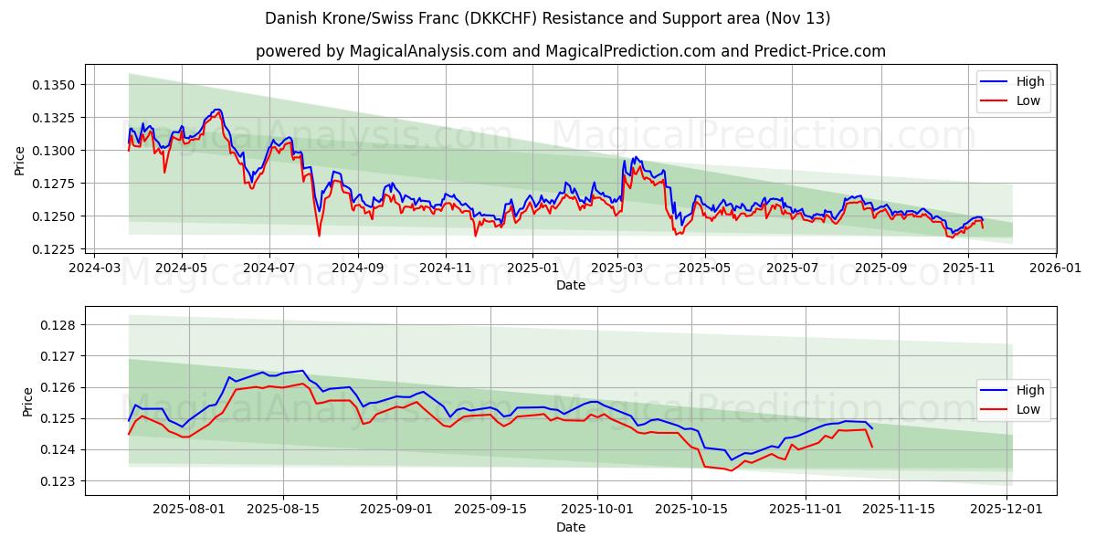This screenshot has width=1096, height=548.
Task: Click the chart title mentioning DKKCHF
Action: coord(547,18)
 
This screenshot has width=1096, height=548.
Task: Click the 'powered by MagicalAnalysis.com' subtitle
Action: coord(570,51)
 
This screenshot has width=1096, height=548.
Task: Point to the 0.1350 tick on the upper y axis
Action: coord(59,85)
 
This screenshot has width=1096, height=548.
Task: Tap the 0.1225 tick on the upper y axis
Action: coord(59,249)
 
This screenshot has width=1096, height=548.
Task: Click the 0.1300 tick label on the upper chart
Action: coord(59,151)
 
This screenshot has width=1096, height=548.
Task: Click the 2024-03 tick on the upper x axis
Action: coord(93,269)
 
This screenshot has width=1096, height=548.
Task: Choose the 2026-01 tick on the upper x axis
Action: coord(1055,269)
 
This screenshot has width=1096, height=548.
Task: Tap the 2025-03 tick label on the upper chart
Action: coord(617,269)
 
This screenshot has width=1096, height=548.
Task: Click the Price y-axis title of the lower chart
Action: coord(27,401)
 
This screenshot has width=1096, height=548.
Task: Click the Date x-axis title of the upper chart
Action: coord(570,285)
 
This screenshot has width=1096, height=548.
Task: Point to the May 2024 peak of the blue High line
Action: coord(217,110)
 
